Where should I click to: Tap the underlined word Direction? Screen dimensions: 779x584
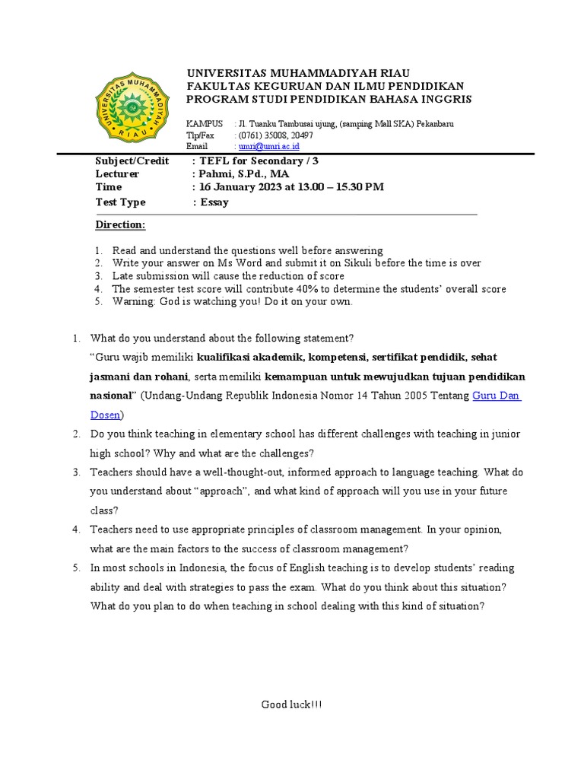pos(120,225)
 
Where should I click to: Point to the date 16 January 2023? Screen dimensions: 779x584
pos(246,187)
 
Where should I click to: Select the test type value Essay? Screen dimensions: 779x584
pos(214,202)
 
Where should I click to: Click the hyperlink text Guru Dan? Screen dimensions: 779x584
pos(497,396)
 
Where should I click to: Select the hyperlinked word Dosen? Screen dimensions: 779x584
pos(105,415)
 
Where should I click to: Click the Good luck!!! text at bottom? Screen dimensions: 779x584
pos(292,704)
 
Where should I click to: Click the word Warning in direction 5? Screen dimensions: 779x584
pos(134,302)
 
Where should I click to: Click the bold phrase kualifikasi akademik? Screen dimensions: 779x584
pos(251,357)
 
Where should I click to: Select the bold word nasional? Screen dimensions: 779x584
pos(112,396)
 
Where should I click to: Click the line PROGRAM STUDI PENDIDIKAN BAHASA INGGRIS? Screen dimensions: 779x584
pos(328,100)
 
